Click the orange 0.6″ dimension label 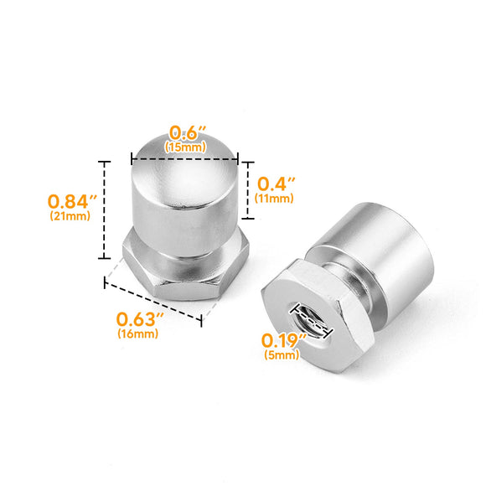click(x=185, y=133)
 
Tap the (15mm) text click(x=186, y=147)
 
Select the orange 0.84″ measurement click(x=72, y=202)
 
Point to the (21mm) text click(x=70, y=216)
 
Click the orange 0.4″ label click(x=275, y=184)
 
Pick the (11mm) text click(x=275, y=199)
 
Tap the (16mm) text click(x=138, y=333)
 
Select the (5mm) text click(x=281, y=354)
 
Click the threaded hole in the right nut click(x=310, y=318)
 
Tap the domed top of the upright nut click(x=184, y=168)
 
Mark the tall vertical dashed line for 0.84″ click(x=105, y=209)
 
